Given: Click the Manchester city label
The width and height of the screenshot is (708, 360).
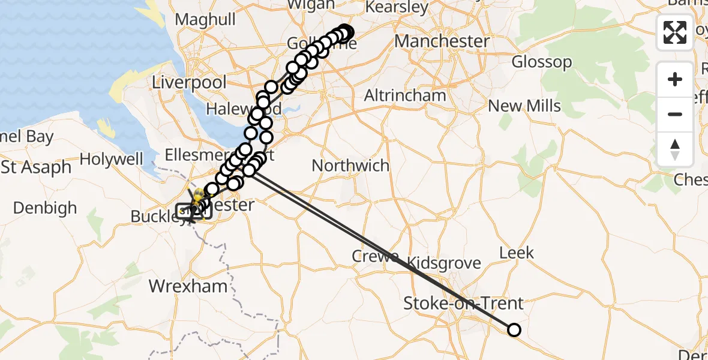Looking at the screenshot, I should [x=442, y=41].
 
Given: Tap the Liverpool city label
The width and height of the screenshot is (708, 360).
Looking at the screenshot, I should [x=189, y=82].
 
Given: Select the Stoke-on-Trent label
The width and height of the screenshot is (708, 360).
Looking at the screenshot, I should [x=463, y=303].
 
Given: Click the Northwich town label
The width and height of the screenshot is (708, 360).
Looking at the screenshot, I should [x=350, y=166].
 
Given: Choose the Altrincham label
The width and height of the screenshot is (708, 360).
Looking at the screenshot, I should [x=406, y=95].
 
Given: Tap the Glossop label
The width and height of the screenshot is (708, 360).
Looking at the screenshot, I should [x=541, y=62].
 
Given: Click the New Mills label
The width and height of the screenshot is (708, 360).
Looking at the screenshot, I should [x=524, y=106].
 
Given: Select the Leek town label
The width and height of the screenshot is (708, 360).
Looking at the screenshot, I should [x=517, y=253].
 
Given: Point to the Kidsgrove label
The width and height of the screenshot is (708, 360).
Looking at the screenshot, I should [x=444, y=263].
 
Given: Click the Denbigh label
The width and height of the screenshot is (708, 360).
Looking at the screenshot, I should [x=45, y=208].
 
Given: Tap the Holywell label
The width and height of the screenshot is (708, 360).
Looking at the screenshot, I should [x=111, y=160].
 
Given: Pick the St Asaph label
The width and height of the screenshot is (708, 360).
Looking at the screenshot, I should [x=36, y=167].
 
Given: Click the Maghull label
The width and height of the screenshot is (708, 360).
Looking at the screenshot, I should [x=206, y=20].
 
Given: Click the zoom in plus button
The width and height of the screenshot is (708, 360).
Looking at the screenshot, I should [x=675, y=80].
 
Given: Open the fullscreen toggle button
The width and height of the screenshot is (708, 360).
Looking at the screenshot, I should [x=675, y=32].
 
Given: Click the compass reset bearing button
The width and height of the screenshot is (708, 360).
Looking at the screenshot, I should [x=675, y=149].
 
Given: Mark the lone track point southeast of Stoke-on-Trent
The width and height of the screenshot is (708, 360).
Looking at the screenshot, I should [x=514, y=329].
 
